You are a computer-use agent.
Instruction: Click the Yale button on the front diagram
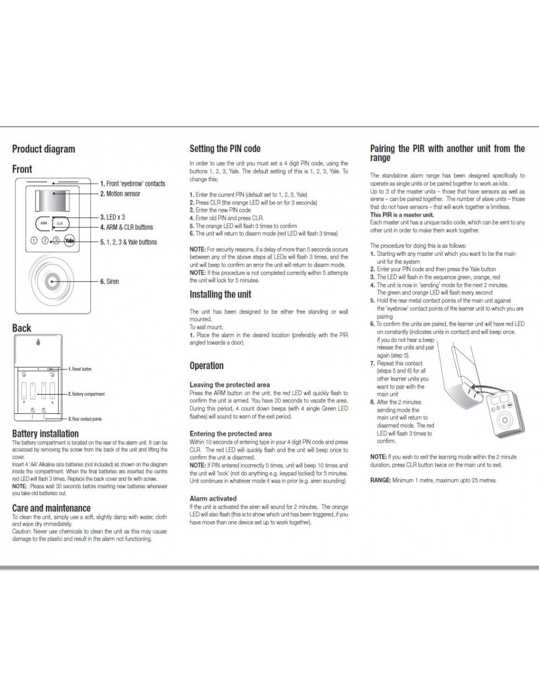(70, 241)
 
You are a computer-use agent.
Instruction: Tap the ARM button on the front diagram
(44, 223)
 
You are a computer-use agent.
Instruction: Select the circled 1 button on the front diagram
(34, 241)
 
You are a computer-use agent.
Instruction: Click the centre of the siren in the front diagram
(53, 281)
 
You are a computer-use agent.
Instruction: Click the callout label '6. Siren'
(109, 281)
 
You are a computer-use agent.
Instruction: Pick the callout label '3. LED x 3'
(112, 217)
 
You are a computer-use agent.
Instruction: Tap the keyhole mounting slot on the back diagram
(39, 343)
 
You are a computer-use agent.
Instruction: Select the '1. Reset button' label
(80, 369)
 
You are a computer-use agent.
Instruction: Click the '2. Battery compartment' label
(86, 394)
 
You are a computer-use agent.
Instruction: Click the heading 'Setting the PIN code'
(225, 149)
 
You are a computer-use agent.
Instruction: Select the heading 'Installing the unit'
(220, 294)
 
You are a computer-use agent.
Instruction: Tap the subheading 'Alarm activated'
(213, 498)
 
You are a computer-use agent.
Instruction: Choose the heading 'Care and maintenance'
(51, 508)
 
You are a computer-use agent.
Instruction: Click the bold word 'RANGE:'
(380, 480)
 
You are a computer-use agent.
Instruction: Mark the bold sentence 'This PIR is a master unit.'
(402, 215)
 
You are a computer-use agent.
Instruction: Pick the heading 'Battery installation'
(45, 433)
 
